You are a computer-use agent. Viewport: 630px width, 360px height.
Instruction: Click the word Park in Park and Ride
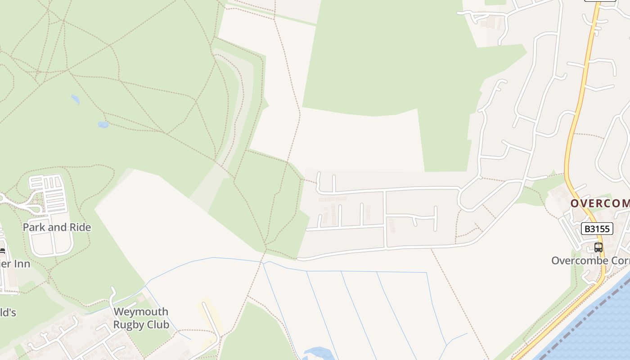click(34, 227)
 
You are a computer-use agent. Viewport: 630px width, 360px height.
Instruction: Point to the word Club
click(158, 324)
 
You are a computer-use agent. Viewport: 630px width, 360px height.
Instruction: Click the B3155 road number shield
click(597, 229)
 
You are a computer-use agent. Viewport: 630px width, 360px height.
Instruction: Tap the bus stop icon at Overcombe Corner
click(598, 247)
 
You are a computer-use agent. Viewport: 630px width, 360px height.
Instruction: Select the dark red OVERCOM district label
click(600, 203)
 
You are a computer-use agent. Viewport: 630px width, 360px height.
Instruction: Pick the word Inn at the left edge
click(21, 263)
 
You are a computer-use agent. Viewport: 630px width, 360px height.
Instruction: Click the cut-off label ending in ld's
click(8, 312)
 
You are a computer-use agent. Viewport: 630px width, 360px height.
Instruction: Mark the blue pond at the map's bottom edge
click(317, 353)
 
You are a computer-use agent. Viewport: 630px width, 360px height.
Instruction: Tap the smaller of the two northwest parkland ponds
click(75, 99)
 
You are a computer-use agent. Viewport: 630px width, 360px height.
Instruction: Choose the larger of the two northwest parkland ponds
click(103, 124)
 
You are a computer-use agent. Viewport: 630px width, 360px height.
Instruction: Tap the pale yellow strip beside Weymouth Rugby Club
click(209, 315)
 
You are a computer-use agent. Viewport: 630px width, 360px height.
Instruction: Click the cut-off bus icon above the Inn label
click(2, 252)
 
